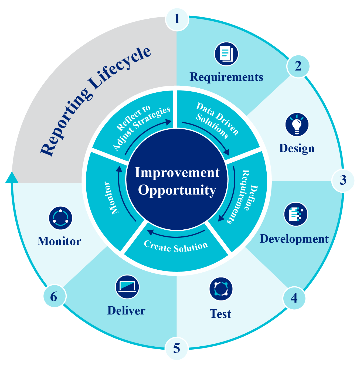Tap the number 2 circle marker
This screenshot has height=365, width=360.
pyautogui.click(x=298, y=66)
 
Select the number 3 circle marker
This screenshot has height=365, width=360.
pyautogui.click(x=343, y=180)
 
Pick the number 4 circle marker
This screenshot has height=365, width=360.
pyautogui.click(x=294, y=298)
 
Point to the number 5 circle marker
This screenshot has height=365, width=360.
pyautogui.click(x=176, y=349)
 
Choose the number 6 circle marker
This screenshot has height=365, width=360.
pyautogui.click(x=54, y=297)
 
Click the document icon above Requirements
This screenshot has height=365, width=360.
pyautogui.click(x=226, y=53)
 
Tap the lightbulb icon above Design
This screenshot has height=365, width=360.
pyautogui.click(x=297, y=125)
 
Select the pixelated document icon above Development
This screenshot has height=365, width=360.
pyautogui.click(x=296, y=214)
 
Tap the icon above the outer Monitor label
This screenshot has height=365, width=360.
pyautogui.click(x=60, y=218)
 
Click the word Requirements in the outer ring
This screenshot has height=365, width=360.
pyautogui.click(x=226, y=77)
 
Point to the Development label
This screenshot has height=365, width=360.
pyautogui.click(x=294, y=239)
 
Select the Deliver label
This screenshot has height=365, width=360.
pyautogui.click(x=126, y=311)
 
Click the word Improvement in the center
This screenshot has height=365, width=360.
pyautogui.click(x=177, y=173)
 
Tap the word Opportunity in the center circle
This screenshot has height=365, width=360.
pyautogui.click(x=177, y=190)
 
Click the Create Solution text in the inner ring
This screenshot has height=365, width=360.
pyautogui.click(x=176, y=247)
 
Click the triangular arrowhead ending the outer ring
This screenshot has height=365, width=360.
pyautogui.click(x=12, y=178)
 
